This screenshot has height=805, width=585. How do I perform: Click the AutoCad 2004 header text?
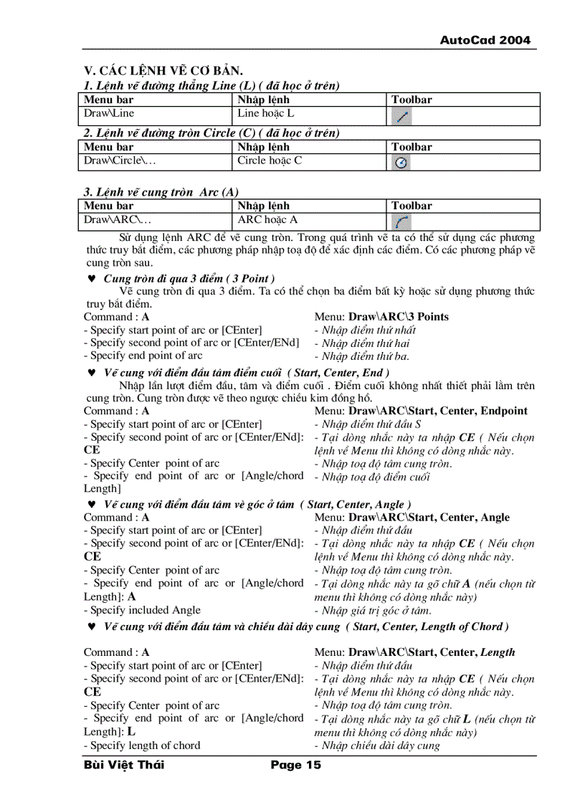point(485,40)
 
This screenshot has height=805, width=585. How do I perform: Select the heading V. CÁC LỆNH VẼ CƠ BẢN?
point(163,70)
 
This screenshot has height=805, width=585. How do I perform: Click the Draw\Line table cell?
point(109,113)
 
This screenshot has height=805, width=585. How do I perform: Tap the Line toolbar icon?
point(402,116)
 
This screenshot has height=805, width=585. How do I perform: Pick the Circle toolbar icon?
point(402,163)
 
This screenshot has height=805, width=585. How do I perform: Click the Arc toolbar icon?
point(402,222)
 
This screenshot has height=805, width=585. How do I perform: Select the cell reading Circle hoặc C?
point(270,161)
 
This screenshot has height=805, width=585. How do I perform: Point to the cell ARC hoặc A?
point(267,219)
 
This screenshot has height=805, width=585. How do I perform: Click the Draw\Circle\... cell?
point(120,161)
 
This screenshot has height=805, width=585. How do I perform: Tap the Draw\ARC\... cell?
point(118,219)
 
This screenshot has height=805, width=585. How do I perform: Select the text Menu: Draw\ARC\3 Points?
point(381,317)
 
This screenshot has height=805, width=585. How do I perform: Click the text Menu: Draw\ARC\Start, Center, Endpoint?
point(420,411)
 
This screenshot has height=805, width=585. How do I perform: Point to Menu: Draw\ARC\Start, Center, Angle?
point(412,518)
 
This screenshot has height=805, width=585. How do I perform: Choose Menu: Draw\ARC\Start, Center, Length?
point(414,652)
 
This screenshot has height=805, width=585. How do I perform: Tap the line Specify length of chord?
point(142,746)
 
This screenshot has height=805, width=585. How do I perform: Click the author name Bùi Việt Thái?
point(124,765)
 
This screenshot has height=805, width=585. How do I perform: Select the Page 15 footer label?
point(295,765)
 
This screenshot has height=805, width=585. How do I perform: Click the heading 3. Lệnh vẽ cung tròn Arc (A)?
point(161,192)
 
